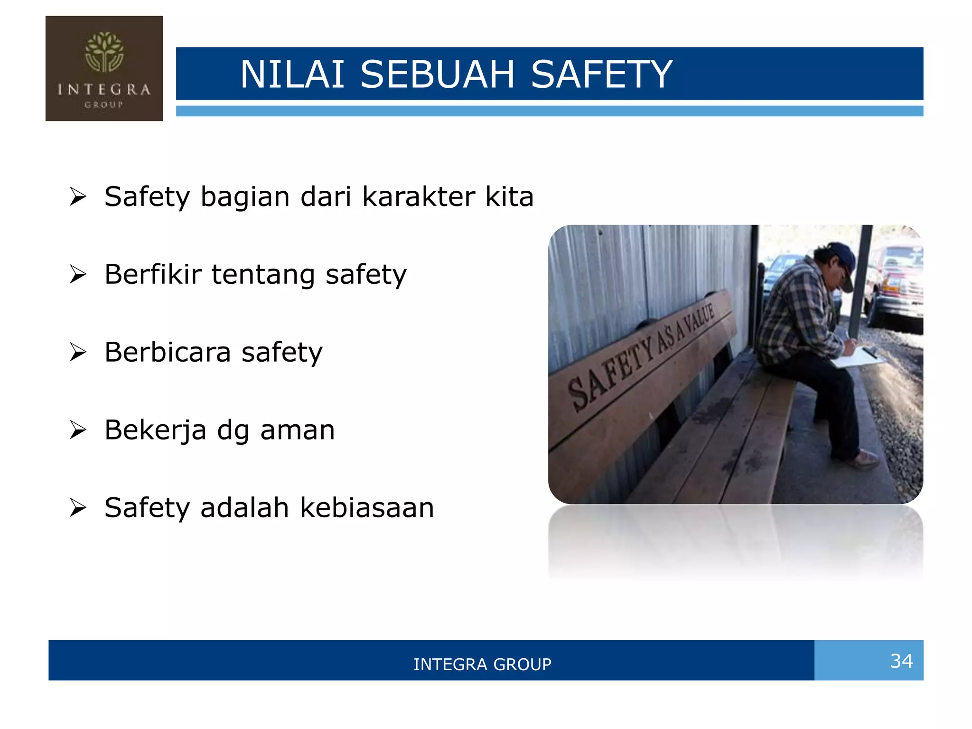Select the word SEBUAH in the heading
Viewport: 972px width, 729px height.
click(x=437, y=75)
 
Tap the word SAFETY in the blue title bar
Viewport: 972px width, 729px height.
click(x=601, y=75)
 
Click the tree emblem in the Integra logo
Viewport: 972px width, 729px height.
click(x=104, y=52)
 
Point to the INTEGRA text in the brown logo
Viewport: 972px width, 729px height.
click(x=104, y=89)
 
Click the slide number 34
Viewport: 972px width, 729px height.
click(x=901, y=661)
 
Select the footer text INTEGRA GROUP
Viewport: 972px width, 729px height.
click(x=482, y=664)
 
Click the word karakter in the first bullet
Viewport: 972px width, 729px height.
click(x=418, y=196)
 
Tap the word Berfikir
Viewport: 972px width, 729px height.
click(x=153, y=274)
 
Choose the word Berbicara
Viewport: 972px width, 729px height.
click(x=168, y=352)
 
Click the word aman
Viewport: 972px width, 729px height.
click(x=298, y=430)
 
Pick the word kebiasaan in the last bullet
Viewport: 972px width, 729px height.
click(x=367, y=508)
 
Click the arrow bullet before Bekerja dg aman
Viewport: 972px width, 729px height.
click(x=78, y=430)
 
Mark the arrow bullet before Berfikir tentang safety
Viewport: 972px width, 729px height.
click(x=78, y=274)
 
